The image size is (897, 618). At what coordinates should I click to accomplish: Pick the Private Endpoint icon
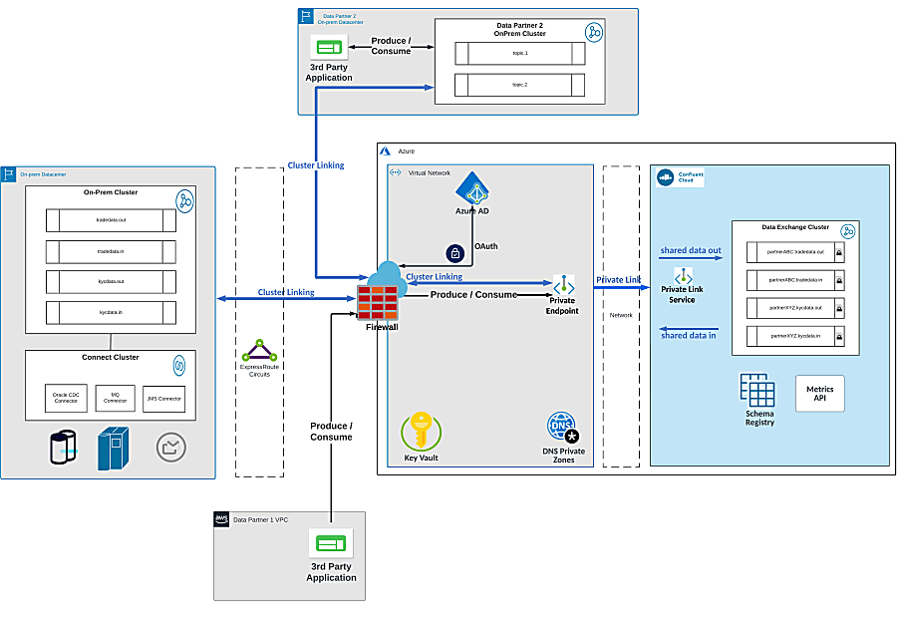(564, 284)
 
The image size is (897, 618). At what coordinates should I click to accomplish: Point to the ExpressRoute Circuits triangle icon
(260, 351)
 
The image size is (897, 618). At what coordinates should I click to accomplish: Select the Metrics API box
(818, 393)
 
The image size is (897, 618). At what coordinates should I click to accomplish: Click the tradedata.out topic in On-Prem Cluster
(111, 220)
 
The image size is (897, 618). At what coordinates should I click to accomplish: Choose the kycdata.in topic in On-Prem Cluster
(111, 312)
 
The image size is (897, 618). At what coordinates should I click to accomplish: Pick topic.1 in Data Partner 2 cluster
(519, 52)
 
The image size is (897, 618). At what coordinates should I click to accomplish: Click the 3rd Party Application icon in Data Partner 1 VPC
(331, 543)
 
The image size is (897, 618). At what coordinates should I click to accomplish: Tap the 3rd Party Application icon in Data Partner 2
(328, 47)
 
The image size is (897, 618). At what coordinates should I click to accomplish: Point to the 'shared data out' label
(690, 250)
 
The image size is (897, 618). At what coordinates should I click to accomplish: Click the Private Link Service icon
(683, 275)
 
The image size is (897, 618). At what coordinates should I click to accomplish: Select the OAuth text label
(486, 245)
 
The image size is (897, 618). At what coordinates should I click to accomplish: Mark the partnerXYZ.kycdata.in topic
(795, 337)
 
